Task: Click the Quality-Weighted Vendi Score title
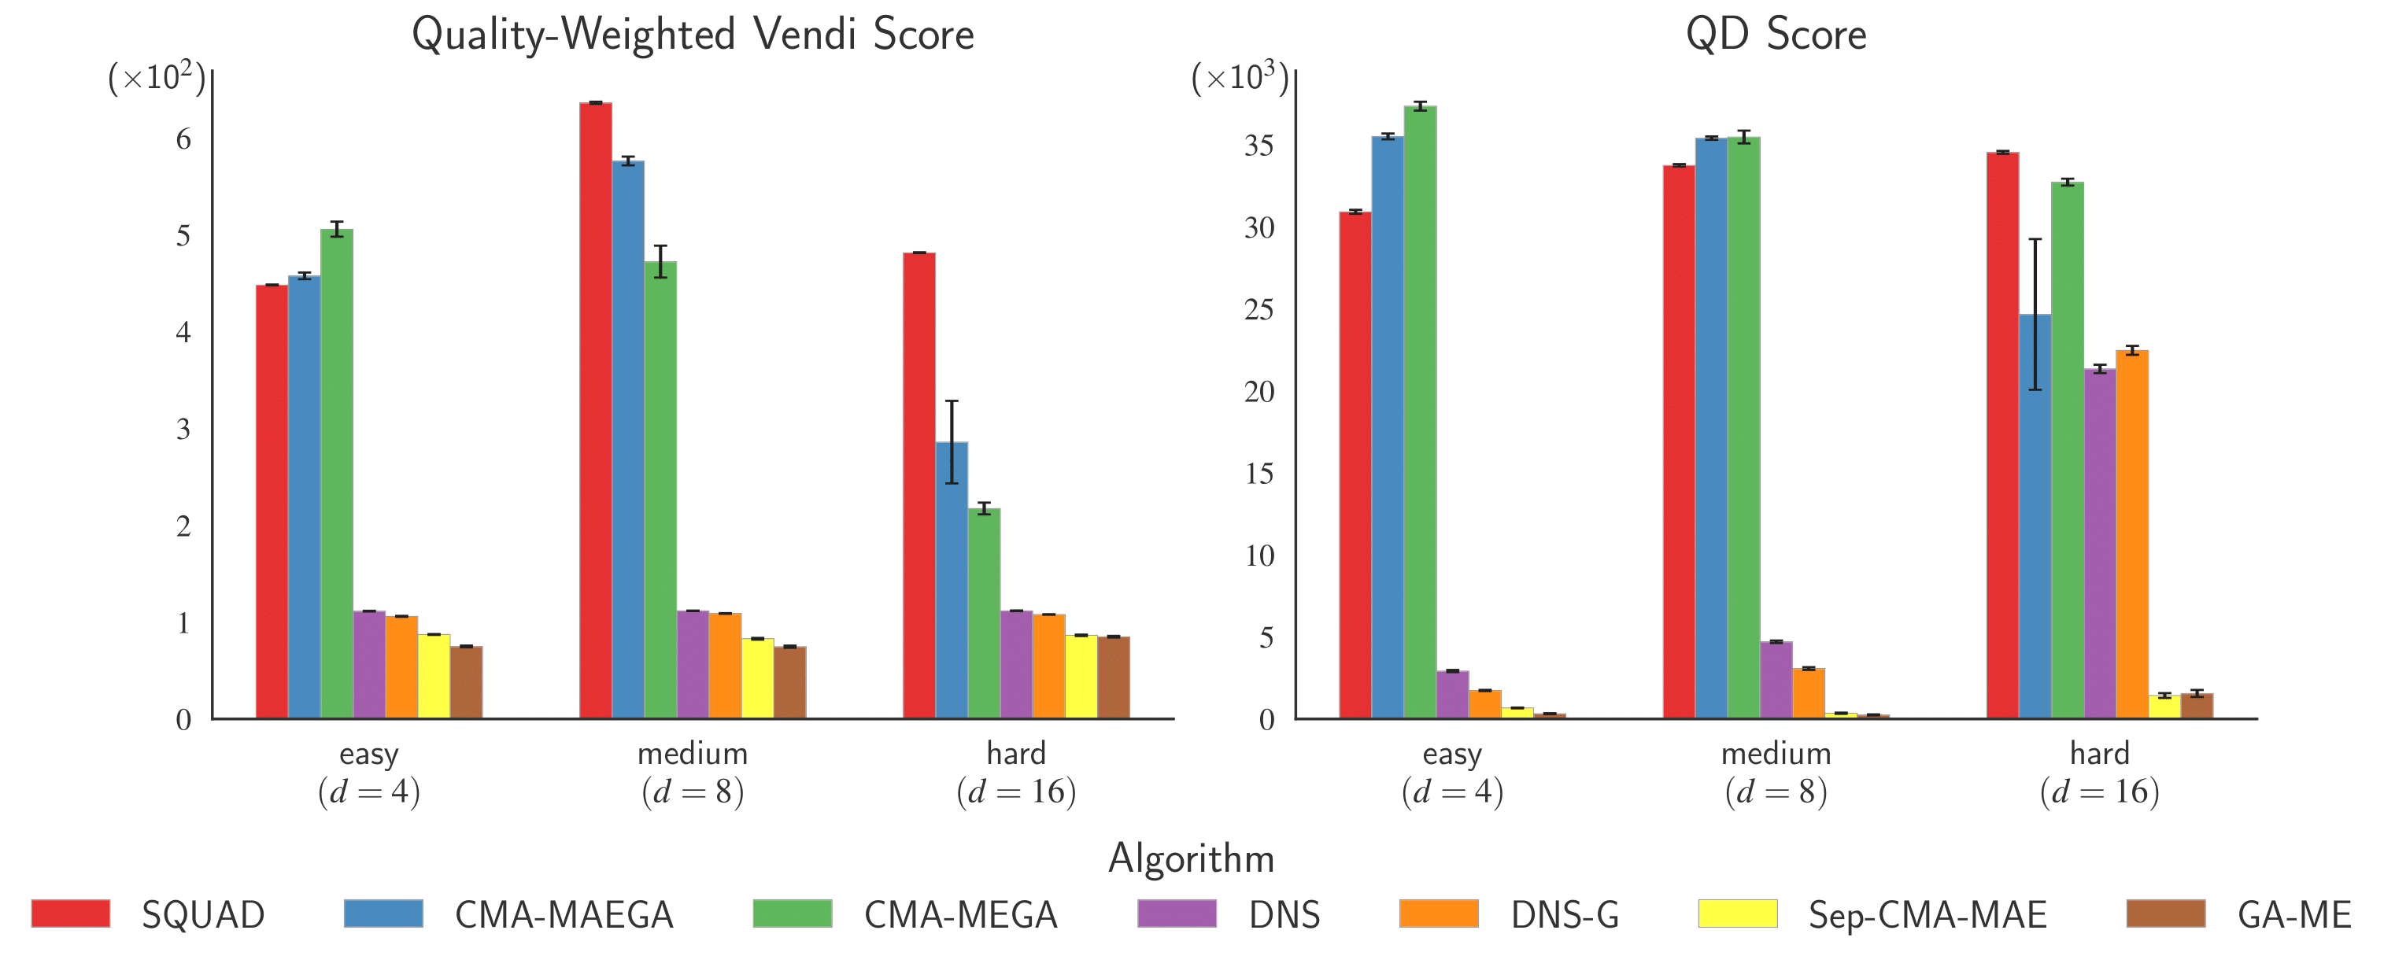[x=693, y=35]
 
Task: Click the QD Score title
[x=1775, y=35]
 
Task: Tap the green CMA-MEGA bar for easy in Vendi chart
[x=337, y=473]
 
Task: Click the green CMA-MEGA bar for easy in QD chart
[x=1420, y=412]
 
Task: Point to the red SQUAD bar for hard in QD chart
[x=2001, y=435]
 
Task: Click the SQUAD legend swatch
[x=70, y=913]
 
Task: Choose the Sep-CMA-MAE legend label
[x=1927, y=915]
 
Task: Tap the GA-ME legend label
[x=2293, y=915]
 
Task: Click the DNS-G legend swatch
[x=1438, y=913]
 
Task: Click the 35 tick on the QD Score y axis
[x=1259, y=146]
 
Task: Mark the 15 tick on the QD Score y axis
[x=1259, y=474]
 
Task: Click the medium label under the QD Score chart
[x=1775, y=753]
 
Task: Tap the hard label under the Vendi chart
[x=1015, y=753]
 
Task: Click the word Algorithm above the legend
[x=1191, y=858]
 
